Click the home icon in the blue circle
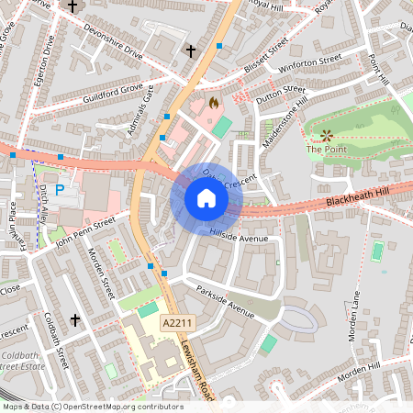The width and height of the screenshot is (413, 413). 206,198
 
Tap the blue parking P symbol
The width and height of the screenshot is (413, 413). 60,190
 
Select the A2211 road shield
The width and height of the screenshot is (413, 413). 177,324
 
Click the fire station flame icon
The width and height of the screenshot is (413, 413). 213,103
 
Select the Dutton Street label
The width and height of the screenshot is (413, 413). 280,93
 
